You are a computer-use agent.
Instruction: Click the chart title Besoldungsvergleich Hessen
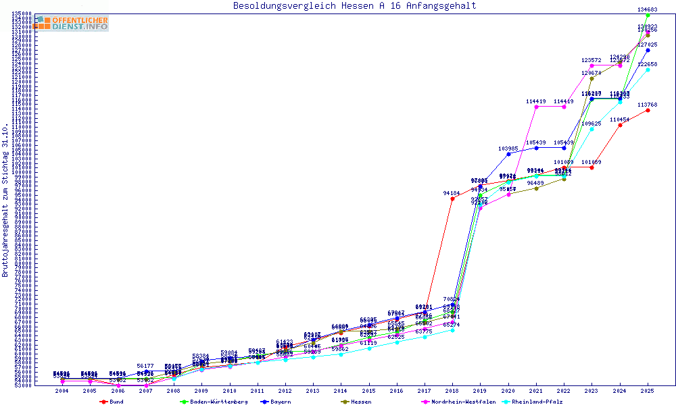click(355, 6)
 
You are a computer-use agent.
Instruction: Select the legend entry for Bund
click(117, 402)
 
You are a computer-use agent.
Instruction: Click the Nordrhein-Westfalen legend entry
click(458, 402)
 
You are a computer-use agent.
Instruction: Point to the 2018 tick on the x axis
click(452, 391)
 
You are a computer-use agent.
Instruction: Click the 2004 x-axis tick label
click(62, 391)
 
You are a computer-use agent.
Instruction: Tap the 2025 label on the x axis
click(648, 391)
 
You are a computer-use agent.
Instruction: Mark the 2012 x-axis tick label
click(285, 391)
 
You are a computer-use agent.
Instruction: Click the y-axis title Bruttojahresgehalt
click(5, 200)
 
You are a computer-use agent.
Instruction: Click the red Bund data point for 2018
click(452, 199)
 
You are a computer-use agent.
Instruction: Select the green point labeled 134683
click(648, 15)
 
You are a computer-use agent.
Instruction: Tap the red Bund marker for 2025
click(648, 110)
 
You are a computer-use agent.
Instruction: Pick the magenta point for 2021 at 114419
click(536, 107)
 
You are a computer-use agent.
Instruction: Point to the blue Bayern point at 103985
click(508, 154)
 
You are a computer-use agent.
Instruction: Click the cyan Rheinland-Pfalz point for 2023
click(591, 130)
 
